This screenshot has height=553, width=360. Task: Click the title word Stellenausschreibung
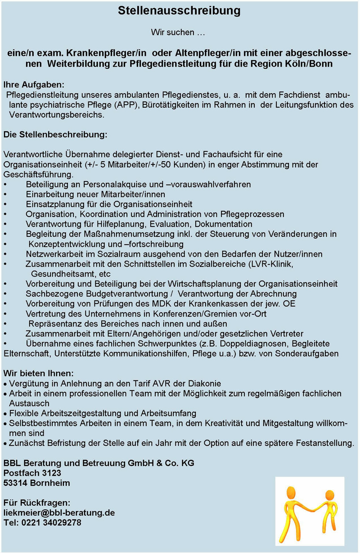click(179, 10)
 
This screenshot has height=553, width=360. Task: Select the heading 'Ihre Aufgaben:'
click(34, 85)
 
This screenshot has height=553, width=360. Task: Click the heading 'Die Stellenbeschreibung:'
click(55, 135)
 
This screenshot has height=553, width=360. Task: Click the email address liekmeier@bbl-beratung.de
click(59, 512)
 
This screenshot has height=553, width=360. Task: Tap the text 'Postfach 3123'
click(32, 473)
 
